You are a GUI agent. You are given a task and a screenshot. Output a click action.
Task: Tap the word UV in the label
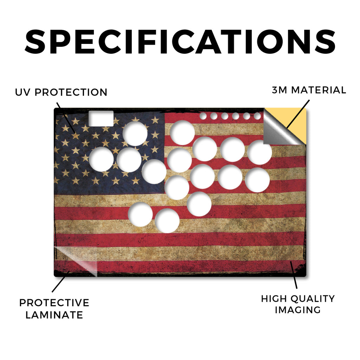[22, 92]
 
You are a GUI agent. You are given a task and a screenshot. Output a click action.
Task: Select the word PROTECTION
[71, 92]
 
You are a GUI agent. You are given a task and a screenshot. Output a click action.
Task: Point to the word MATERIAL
[319, 90]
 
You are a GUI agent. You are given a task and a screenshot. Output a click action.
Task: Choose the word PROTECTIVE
[54, 303]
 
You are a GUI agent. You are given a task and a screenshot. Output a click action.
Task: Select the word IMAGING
[298, 310]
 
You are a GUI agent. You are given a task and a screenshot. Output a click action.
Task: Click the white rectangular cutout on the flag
[101, 118]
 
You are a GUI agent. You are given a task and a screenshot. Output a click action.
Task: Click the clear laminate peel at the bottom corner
[76, 261]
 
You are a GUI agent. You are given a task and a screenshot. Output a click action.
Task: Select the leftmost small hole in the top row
[203, 116]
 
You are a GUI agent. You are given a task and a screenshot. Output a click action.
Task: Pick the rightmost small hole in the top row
[257, 116]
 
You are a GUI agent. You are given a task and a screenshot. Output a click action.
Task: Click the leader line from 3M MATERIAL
[298, 114]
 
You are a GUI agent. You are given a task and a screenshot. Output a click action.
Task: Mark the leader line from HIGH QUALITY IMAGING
[294, 275]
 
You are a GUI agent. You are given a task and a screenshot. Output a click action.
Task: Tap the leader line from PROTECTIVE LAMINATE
[60, 282]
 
